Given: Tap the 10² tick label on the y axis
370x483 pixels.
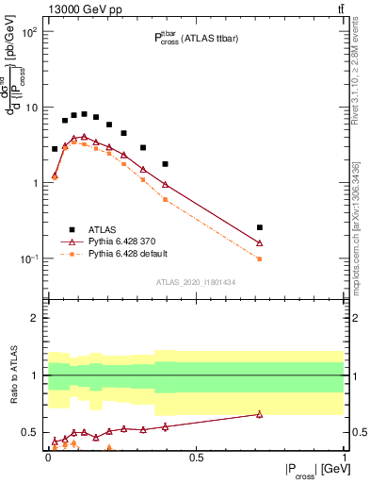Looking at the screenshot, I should click(x=29, y=32).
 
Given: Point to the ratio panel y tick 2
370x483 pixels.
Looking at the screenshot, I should click(x=35, y=318).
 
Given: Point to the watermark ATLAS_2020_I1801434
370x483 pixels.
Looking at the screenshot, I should click(x=197, y=281).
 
